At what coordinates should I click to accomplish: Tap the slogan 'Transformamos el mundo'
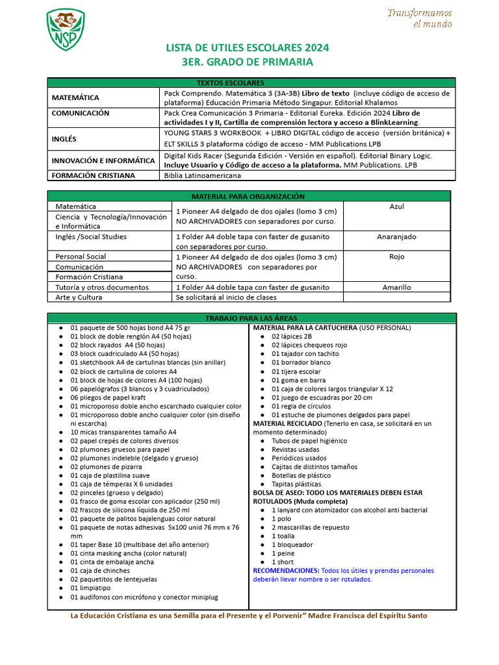pyautogui.click(x=419, y=19)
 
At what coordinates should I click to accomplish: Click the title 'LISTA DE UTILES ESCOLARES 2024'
pyautogui.click(x=248, y=48)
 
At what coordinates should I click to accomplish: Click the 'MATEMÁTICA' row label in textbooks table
pyautogui.click(x=76, y=97)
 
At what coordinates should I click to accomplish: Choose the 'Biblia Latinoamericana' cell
pyautogui.click(x=203, y=175)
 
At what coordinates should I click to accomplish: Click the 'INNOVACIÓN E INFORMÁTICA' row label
pyautogui.click(x=103, y=160)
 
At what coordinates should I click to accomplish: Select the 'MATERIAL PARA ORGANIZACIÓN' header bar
pyautogui.click(x=248, y=196)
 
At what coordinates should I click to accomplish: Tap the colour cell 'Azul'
pyautogui.click(x=396, y=207)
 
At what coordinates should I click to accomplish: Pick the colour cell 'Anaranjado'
pyautogui.click(x=396, y=237)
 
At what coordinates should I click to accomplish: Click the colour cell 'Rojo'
pyautogui.click(x=396, y=257)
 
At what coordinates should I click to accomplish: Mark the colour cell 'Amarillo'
pyautogui.click(x=396, y=287)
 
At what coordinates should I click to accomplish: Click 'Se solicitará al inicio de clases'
pyautogui.click(x=226, y=297)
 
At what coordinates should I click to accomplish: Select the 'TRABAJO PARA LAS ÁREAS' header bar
pyautogui.click(x=250, y=318)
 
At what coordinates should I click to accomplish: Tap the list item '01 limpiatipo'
pyautogui.click(x=92, y=588)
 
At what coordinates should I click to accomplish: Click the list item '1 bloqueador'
pyautogui.click(x=292, y=545)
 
